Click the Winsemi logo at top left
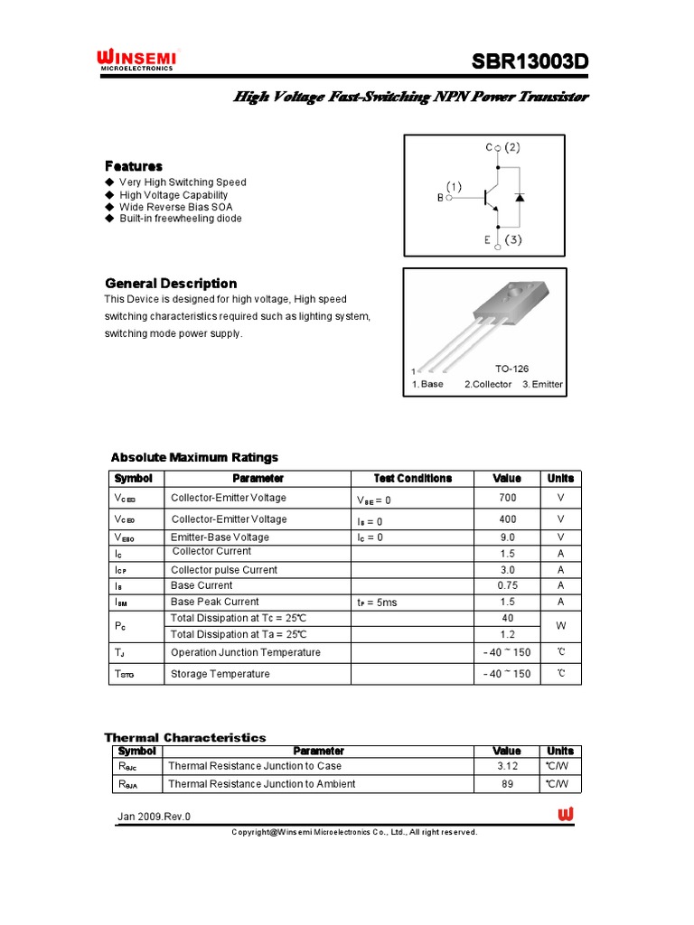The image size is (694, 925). click(x=136, y=61)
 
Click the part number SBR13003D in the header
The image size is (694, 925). click(x=530, y=62)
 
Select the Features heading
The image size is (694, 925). click(x=134, y=166)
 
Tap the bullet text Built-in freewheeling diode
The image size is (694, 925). click(x=180, y=219)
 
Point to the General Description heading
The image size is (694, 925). click(x=171, y=284)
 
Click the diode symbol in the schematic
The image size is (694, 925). click(x=520, y=196)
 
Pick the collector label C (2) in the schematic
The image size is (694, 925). click(x=502, y=147)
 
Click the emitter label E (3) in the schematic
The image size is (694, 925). click(x=502, y=240)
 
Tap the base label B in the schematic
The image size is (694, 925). click(x=442, y=198)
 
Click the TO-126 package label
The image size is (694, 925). click(x=511, y=369)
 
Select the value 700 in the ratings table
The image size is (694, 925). click(x=507, y=498)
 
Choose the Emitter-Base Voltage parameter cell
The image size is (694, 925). click(x=220, y=537)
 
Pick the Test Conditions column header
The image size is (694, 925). click(x=412, y=479)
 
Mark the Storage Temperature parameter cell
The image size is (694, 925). click(x=220, y=675)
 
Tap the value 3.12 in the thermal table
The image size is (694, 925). click(x=507, y=766)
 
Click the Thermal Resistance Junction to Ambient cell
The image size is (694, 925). click(x=261, y=784)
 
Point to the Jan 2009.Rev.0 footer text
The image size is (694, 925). click(x=154, y=817)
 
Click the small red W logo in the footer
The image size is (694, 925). click(x=566, y=815)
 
